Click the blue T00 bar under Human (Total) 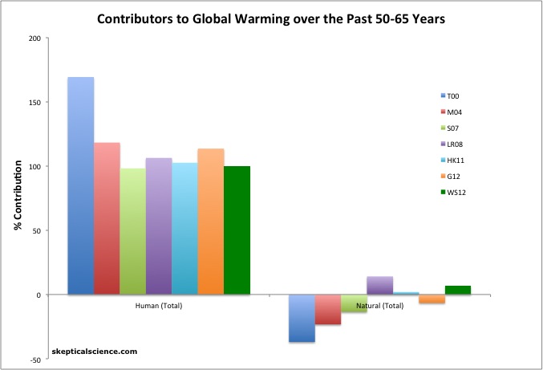pyautogui.click(x=81, y=186)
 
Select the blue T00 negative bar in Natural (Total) pyautogui.click(x=302, y=318)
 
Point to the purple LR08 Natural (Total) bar pyautogui.click(x=379, y=286)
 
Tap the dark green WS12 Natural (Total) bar pyautogui.click(x=457, y=291)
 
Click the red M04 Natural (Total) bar pyautogui.click(x=327, y=309)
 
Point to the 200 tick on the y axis pyautogui.click(x=41, y=39)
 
